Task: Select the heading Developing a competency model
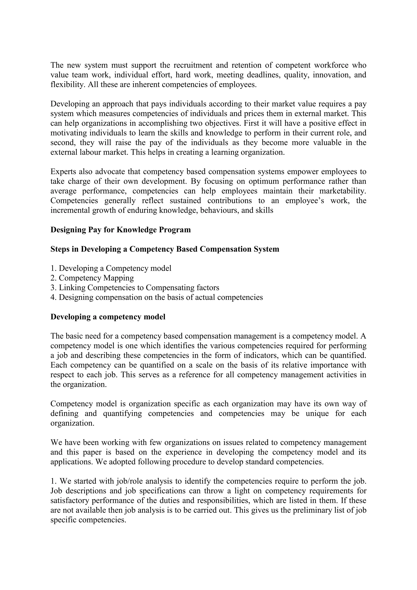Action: (x=108, y=317)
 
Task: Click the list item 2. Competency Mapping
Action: (x=92, y=278)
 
